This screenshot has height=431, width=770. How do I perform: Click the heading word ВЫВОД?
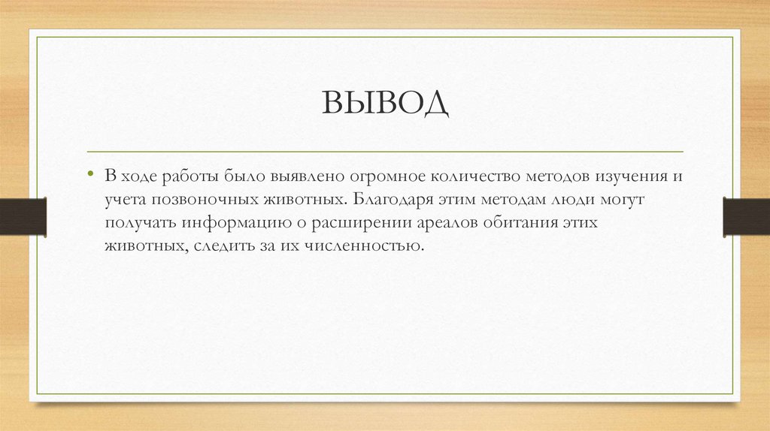click(386, 103)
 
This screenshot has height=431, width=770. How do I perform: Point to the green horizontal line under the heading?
click(385, 151)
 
